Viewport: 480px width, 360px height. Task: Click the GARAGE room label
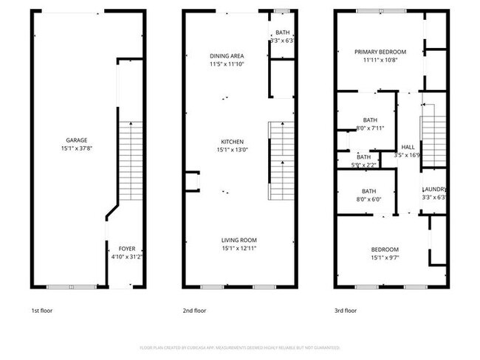(72, 139)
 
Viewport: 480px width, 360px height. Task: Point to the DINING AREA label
(227, 56)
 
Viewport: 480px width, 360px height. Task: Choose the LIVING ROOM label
(239, 240)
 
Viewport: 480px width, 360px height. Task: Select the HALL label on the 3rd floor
(408, 147)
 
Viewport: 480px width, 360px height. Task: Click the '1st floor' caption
(41, 311)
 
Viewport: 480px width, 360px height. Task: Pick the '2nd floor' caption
(194, 311)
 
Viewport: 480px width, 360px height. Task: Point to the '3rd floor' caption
(346, 311)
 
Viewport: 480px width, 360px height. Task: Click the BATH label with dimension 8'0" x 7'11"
(369, 120)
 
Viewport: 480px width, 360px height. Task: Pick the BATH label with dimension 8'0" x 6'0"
(369, 190)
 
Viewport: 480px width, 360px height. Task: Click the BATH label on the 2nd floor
(283, 32)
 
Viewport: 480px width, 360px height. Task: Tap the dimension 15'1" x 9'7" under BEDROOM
(385, 257)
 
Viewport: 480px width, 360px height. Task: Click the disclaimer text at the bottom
(239, 347)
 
